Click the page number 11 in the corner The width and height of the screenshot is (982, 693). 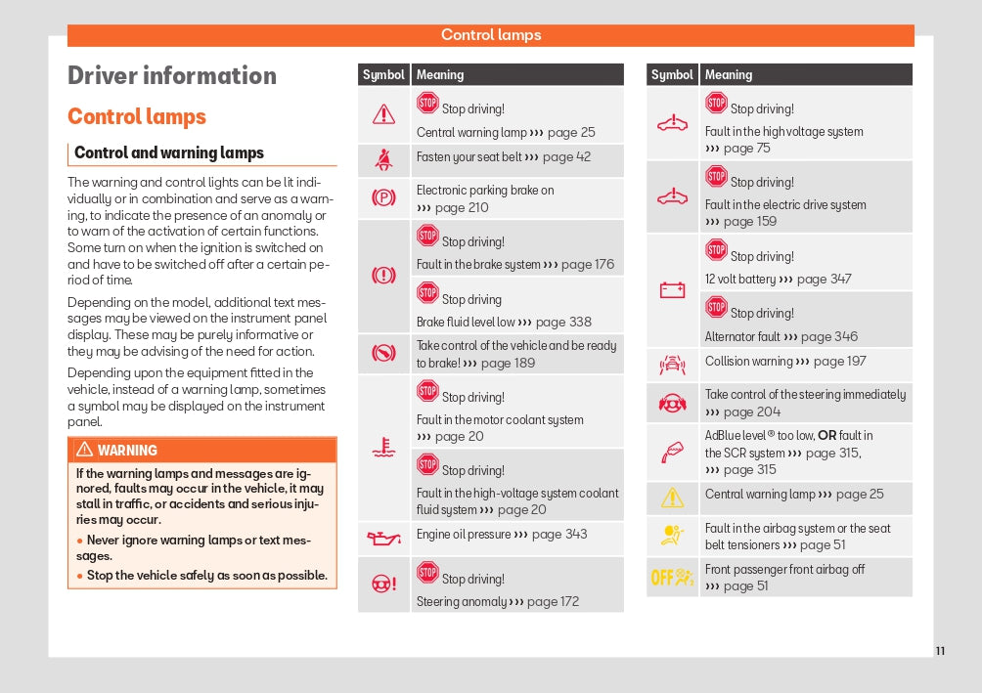coord(940,651)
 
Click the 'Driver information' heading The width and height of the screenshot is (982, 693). coord(172,76)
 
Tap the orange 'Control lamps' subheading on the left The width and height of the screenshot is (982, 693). coord(137,117)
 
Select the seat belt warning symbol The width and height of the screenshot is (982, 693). coord(383,158)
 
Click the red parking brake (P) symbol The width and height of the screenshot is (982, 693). coord(383,197)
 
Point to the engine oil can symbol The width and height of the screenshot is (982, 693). coord(383,537)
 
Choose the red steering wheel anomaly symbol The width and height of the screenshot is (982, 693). coord(383,584)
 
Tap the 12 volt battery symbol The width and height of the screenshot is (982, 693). coord(672,290)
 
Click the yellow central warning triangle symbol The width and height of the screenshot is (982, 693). coord(672,498)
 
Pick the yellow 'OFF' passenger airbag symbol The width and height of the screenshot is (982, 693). coord(672,577)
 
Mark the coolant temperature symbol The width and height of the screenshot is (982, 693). coord(383,449)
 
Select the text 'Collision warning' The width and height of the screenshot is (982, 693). coord(748,362)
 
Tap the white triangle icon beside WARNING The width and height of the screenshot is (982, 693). coord(84,450)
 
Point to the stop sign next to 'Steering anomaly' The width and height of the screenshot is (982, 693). coord(427,573)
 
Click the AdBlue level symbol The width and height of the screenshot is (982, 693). coord(672,452)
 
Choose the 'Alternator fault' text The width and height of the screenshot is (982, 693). coord(742,337)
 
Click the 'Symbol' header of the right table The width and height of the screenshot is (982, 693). coord(672,75)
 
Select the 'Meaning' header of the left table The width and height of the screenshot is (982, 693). coord(440,75)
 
